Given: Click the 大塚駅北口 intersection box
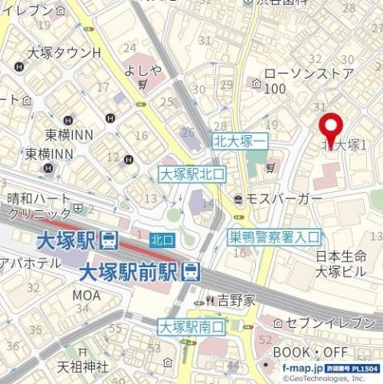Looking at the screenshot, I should click(193, 173).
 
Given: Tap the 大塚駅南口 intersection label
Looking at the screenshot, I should click(192, 326).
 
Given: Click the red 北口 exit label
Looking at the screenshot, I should click(162, 238).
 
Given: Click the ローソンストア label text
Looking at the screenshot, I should click(308, 74).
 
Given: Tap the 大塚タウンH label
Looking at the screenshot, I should click(64, 53).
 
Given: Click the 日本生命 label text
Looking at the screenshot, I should click(341, 256).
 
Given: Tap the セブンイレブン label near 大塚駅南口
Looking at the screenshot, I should click(328, 322).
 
